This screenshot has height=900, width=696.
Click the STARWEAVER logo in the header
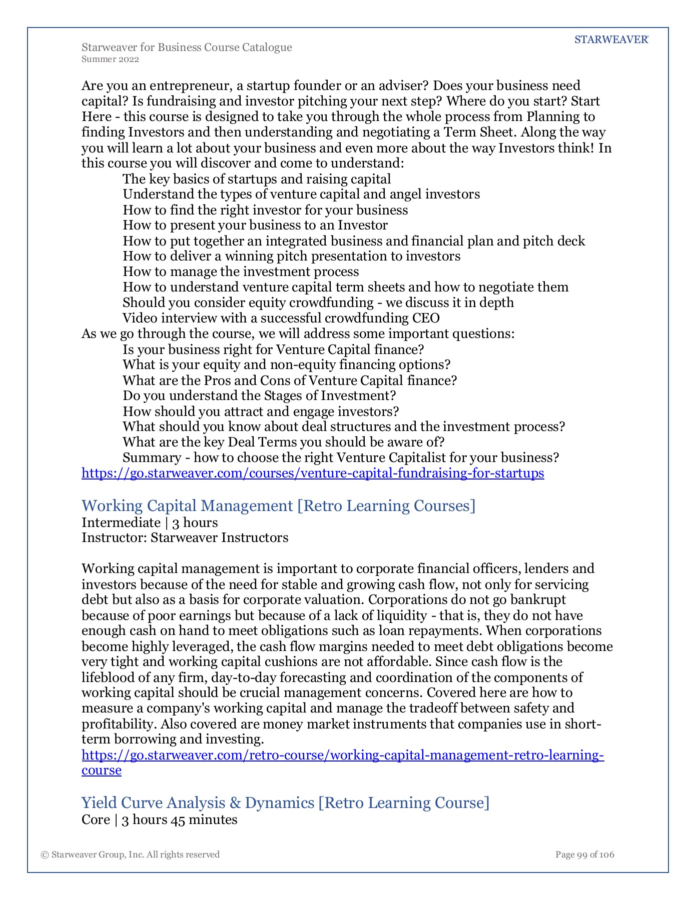(611, 40)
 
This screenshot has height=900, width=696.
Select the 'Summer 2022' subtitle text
(110, 59)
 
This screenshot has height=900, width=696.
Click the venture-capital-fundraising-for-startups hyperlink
(313, 473)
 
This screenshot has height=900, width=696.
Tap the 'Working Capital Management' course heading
(278, 505)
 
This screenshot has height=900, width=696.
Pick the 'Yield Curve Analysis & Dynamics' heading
(285, 802)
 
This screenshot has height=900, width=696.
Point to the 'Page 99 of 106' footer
(584, 854)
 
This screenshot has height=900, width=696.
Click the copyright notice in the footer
(130, 854)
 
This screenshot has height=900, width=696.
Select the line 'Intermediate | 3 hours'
(150, 522)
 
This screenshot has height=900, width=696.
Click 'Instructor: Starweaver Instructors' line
(185, 537)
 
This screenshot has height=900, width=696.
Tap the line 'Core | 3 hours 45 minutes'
(159, 819)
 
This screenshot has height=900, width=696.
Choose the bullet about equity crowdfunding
(318, 302)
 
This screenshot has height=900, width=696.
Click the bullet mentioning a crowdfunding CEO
(281, 318)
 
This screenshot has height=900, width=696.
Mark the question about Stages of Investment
(259, 395)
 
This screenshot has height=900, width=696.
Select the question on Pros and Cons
(290, 380)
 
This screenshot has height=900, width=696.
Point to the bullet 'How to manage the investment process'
(241, 271)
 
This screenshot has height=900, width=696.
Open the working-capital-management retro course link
(343, 755)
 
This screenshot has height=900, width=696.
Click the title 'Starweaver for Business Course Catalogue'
(187, 47)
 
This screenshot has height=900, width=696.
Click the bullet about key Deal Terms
(284, 442)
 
